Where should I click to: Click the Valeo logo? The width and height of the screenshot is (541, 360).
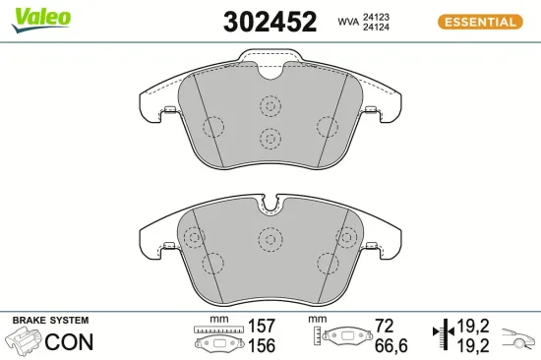[x=40, y=17]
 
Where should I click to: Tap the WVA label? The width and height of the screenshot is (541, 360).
[x=347, y=21]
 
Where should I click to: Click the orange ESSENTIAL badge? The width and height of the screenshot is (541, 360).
[x=478, y=22]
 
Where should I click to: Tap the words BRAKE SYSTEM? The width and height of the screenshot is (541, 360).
[x=49, y=321]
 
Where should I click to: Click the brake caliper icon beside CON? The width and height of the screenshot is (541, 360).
[x=24, y=341]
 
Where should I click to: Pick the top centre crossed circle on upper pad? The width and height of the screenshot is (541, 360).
[x=270, y=105]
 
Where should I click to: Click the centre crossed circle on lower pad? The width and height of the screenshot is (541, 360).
[x=270, y=237]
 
